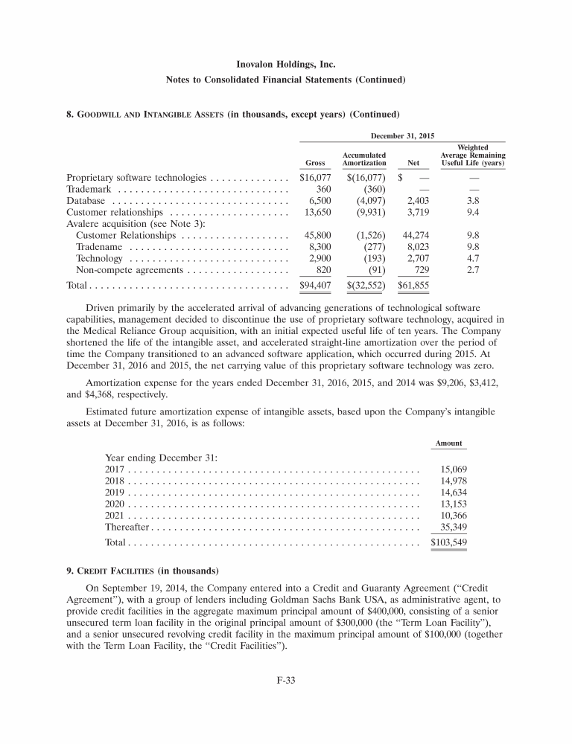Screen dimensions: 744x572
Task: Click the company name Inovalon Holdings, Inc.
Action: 286,65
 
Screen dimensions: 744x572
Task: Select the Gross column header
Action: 315,162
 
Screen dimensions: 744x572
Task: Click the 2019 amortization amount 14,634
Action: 454,492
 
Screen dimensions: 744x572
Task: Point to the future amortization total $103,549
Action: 449,543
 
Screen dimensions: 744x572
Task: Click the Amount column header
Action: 449,443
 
